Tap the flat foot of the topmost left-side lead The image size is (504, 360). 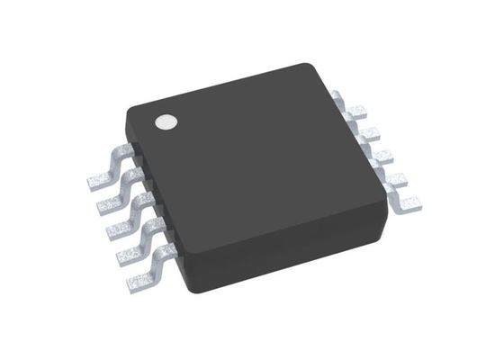pyautogui.click(x=100, y=181)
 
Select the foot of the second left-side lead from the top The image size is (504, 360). pyautogui.click(x=109, y=206)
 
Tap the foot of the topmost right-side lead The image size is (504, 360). pyautogui.click(x=357, y=111)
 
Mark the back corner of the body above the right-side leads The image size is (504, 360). pyautogui.click(x=310, y=67)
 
